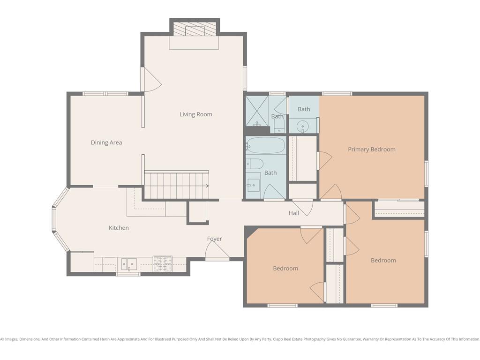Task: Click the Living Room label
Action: point(195,114)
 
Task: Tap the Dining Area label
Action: point(106,142)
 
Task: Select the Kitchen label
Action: point(119,228)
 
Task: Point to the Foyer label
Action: point(214,239)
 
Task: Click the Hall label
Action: point(294,213)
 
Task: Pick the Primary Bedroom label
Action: point(372,150)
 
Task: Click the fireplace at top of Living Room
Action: point(195,30)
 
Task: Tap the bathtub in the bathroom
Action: point(266,145)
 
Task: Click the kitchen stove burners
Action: point(163,263)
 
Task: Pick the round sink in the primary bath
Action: point(302,126)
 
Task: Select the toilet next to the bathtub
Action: point(255,164)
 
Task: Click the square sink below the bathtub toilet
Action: point(253,185)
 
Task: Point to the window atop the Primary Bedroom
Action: point(337,94)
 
